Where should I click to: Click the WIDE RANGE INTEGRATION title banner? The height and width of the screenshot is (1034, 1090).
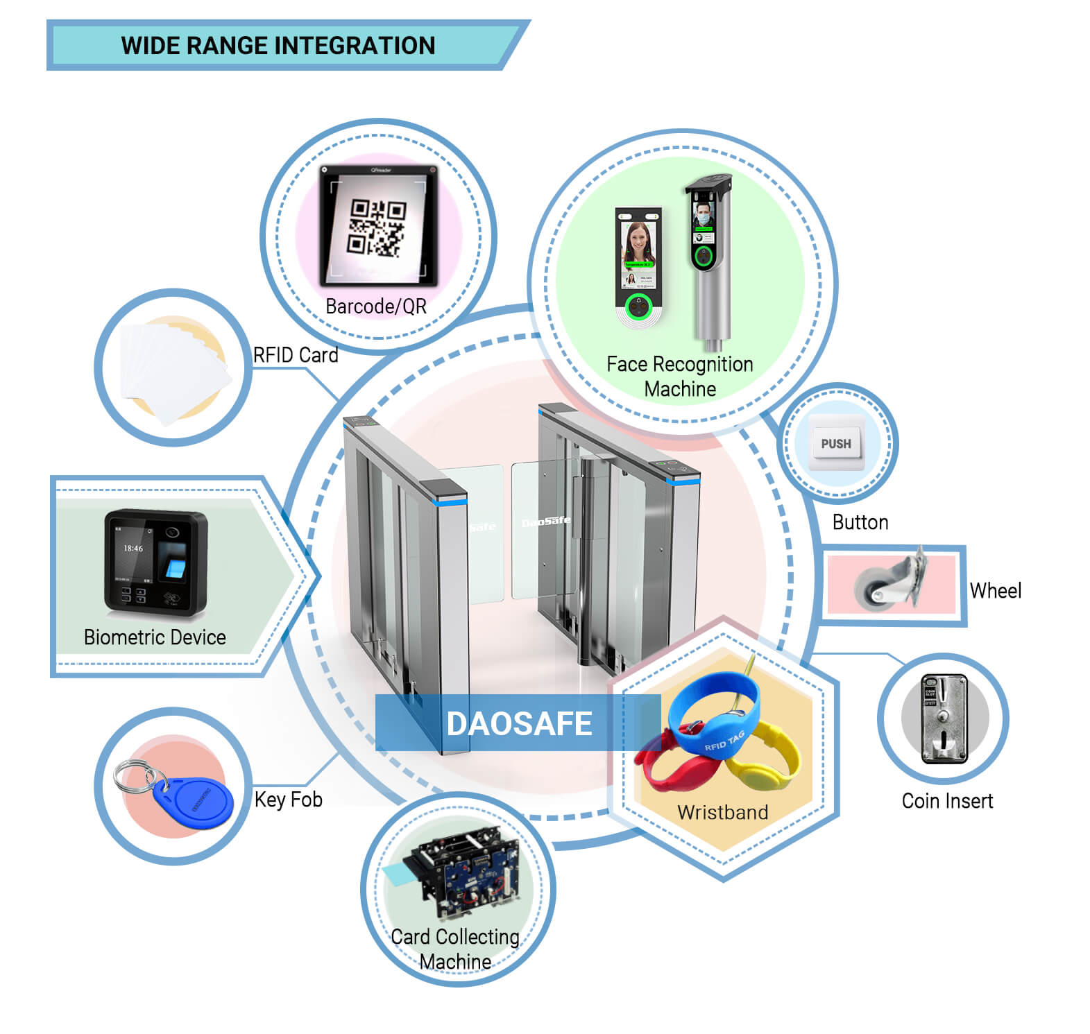(278, 46)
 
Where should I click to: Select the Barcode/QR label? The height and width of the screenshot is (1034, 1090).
(376, 307)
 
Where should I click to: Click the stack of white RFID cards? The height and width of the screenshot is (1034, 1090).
(173, 371)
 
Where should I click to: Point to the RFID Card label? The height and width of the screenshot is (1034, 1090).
(296, 355)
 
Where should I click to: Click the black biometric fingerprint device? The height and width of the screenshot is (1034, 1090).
(155, 562)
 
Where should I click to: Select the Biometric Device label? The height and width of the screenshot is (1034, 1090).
(155, 637)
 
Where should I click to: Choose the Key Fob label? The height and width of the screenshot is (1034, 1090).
(288, 800)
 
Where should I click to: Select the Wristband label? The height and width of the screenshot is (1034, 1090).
(722, 812)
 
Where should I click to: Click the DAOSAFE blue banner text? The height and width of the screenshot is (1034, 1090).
(519, 723)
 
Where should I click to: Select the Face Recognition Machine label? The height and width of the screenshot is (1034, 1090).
(679, 376)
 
